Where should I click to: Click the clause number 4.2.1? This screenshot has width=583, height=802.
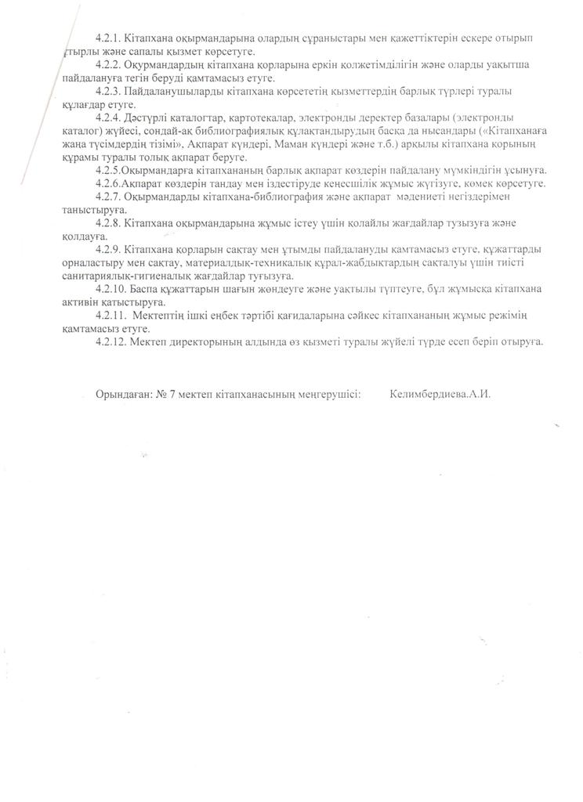point(108,38)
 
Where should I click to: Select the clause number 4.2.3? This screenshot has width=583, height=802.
point(108,92)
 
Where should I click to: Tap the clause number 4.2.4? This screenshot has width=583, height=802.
point(108,117)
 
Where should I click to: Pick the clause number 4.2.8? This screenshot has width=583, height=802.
point(108,223)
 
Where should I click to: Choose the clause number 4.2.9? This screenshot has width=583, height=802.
point(108,250)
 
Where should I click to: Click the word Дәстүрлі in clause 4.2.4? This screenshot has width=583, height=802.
point(147,117)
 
